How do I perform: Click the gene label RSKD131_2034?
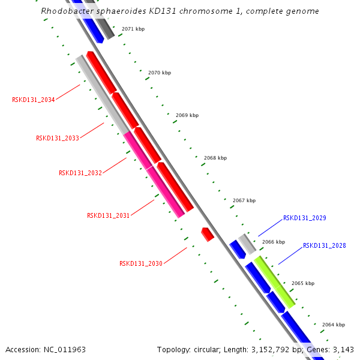[x=33, y=100]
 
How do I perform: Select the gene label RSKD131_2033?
[x=58, y=138]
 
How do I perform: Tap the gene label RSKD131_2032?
[x=80, y=173]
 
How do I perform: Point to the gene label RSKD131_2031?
[x=108, y=215]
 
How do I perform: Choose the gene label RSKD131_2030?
[x=140, y=263]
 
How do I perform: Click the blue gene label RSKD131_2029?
[x=305, y=218]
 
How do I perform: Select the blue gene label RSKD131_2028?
[x=324, y=245]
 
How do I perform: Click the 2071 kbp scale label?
[x=133, y=29]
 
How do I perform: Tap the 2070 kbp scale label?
[x=160, y=73]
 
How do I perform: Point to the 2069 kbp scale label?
[x=187, y=115]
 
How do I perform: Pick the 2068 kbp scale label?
[x=215, y=158]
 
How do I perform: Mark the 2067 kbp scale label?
[x=244, y=200]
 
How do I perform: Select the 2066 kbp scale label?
[x=274, y=242]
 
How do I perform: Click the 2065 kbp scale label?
[x=303, y=283]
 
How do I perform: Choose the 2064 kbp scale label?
[x=334, y=325]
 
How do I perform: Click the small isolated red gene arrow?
[x=208, y=234]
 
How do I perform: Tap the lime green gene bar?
[x=274, y=281]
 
